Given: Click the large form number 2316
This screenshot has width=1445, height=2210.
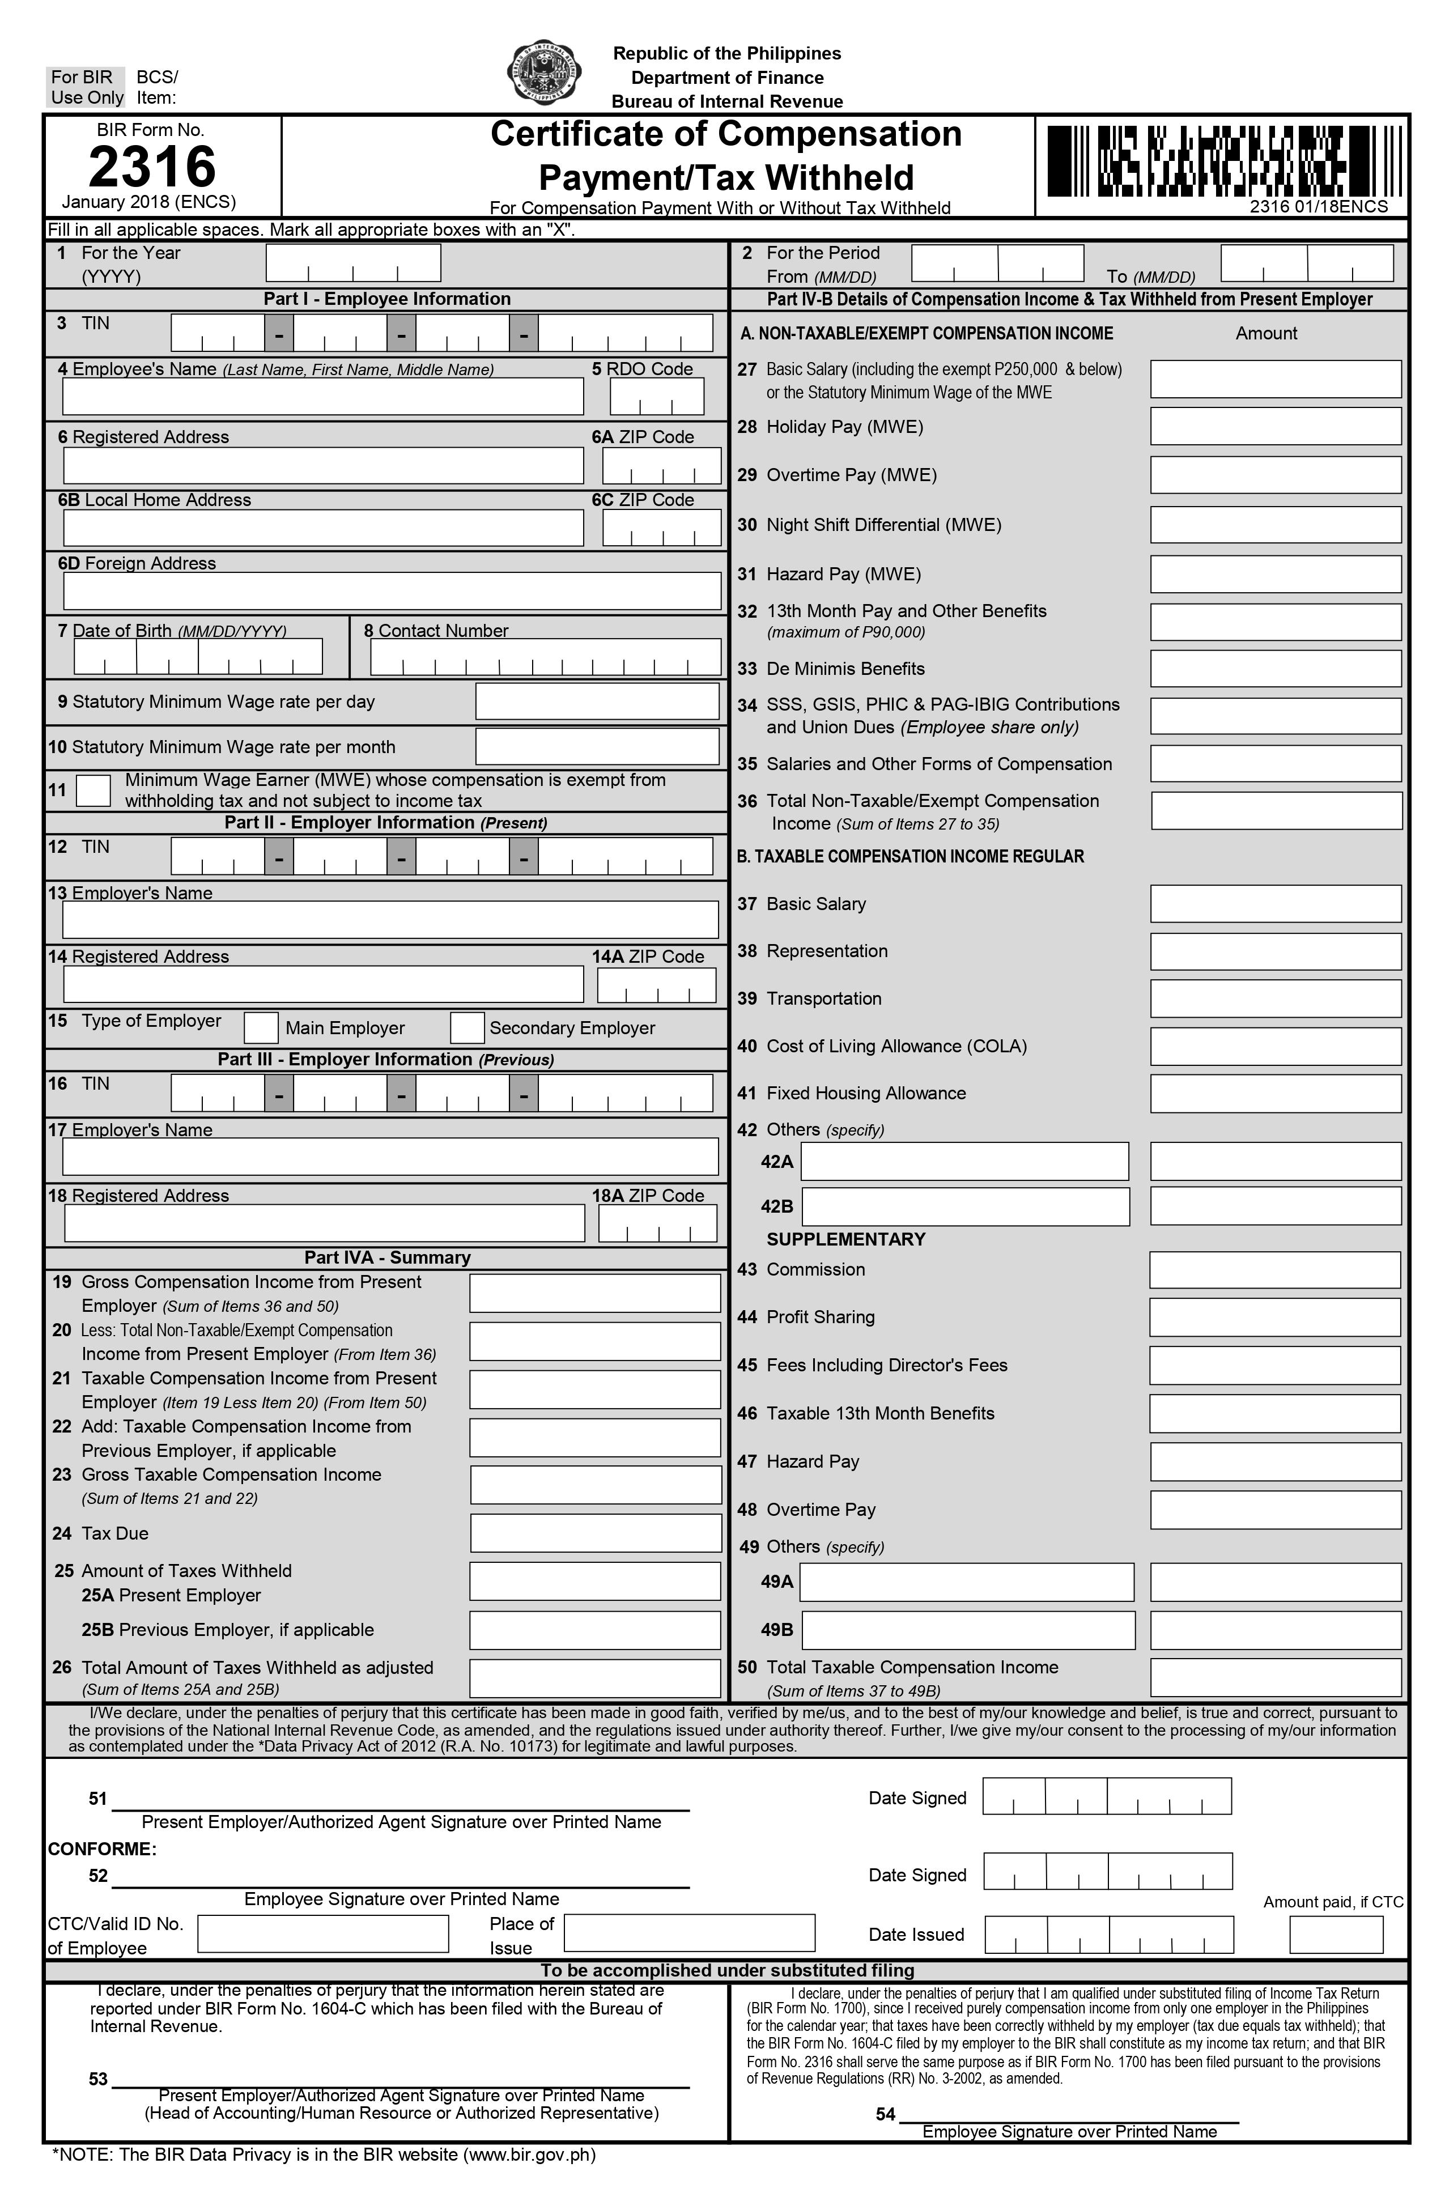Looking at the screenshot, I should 152,167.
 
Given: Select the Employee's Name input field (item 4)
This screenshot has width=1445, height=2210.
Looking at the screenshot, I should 322,397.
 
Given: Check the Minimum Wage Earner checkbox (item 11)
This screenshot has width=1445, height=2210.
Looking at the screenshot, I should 93,790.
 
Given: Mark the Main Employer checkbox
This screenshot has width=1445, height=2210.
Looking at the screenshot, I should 261,1027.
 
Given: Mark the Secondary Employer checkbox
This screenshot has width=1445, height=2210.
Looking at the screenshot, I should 467,1027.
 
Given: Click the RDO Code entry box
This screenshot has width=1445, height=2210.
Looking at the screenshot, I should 657,397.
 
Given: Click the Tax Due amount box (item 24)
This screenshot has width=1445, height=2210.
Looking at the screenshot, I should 595,1532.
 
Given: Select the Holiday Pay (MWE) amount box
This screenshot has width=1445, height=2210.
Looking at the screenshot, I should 1275,426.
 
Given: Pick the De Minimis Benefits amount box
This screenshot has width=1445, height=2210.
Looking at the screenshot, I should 1275,669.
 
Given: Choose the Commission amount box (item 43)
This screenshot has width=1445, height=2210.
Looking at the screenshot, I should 1274,1269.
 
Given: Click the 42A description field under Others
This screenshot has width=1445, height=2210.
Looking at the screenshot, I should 965,1162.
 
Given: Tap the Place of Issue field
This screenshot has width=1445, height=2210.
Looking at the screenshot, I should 689,1933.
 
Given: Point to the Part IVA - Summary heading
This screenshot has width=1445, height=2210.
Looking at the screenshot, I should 387,1257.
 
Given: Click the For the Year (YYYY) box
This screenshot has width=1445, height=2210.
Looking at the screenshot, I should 353,263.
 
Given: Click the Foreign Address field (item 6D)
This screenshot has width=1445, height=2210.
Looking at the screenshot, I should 392,590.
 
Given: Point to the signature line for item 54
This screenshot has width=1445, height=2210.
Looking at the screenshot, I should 1069,2120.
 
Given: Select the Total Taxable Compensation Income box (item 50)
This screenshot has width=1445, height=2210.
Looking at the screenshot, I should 1275,1677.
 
